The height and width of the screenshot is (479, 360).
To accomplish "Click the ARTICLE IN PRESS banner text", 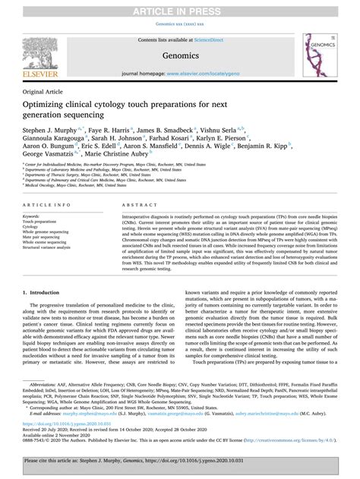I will [180, 8].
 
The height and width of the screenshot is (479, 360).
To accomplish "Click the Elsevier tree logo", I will [31, 49].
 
